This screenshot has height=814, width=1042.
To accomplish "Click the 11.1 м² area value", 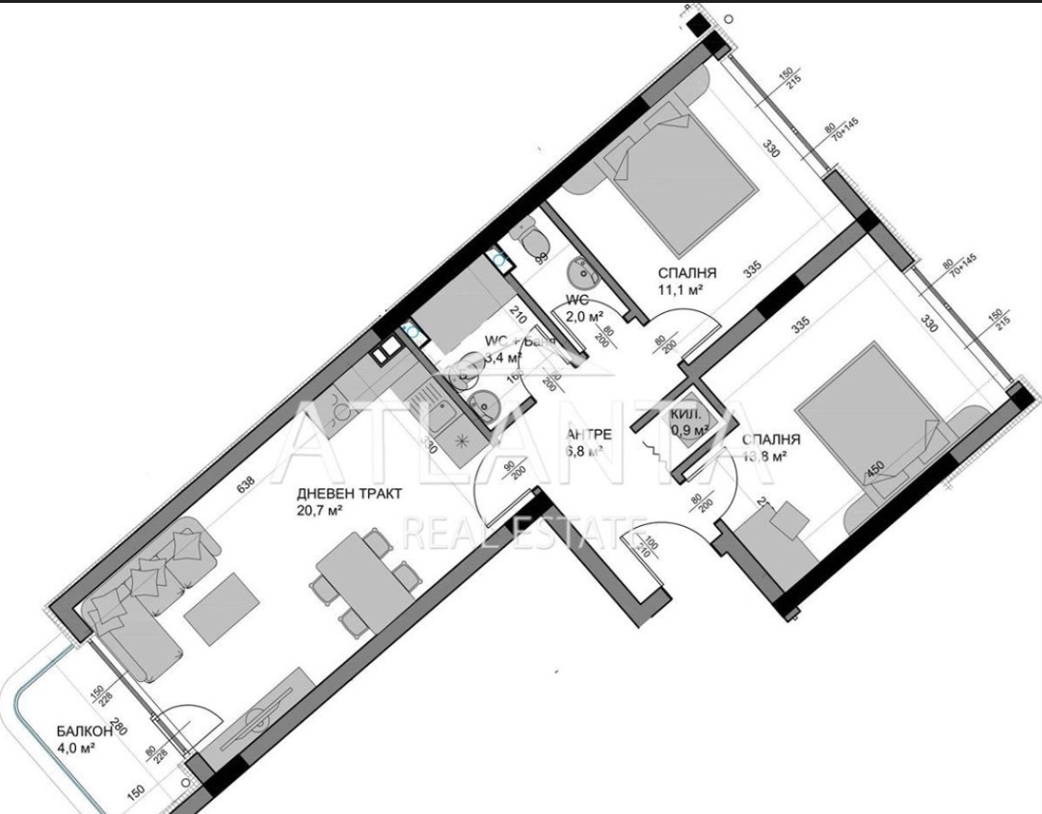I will coord(681,289).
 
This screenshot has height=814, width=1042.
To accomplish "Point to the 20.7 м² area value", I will coord(324,511).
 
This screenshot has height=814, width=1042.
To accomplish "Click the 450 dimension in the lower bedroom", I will coord(875,469).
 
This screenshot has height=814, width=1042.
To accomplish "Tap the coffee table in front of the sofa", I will coord(219,608).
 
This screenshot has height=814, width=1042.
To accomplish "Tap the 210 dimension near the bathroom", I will coord(517,313).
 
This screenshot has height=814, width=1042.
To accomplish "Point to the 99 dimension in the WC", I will coord(542,257).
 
